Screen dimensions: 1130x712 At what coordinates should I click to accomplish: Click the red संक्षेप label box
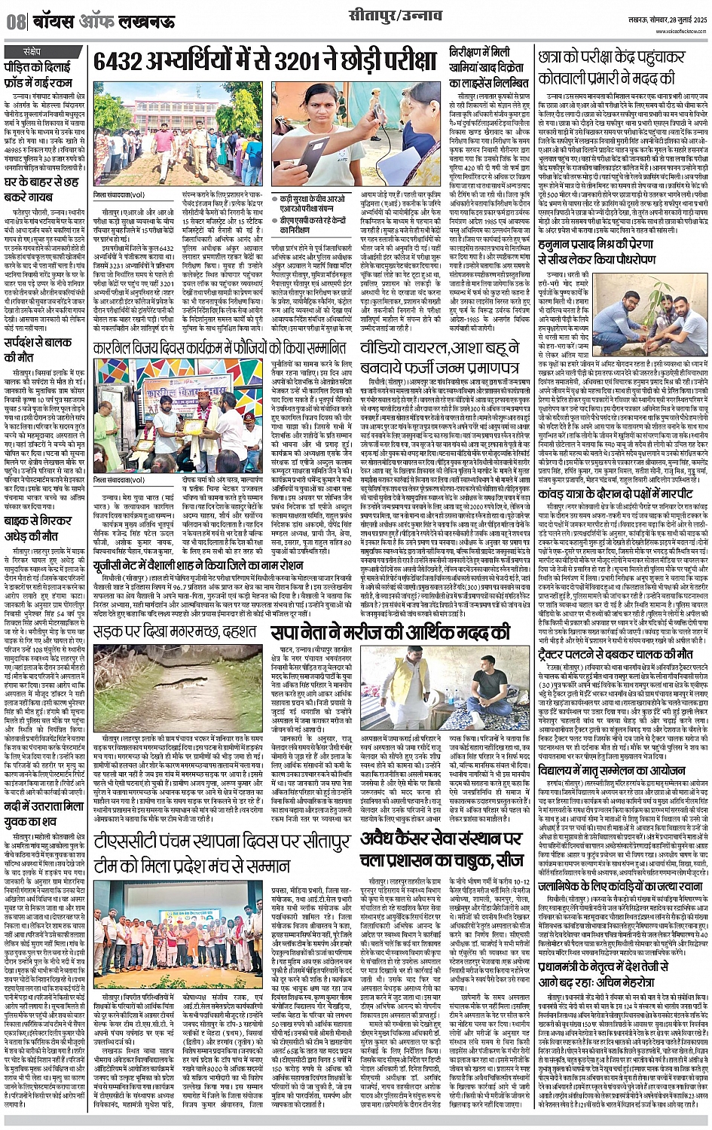pos(32,52)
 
